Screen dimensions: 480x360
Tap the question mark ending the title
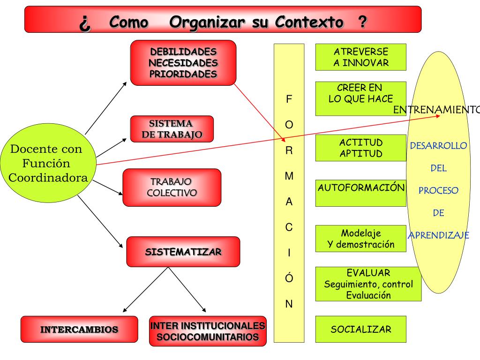point(362,22)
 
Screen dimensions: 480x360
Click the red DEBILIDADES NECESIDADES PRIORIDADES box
point(183,63)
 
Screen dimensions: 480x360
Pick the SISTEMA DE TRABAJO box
point(172,129)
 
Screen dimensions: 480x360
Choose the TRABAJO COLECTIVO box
point(172,187)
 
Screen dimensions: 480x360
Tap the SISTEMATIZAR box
point(183,252)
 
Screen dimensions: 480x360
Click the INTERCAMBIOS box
point(79,329)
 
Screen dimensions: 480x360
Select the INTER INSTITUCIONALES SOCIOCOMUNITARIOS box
point(208,331)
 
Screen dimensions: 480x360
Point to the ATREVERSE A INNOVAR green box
point(360,57)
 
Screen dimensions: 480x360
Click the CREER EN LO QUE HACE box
point(360,98)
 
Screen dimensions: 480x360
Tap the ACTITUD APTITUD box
point(360,148)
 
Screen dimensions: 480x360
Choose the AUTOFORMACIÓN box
point(360,193)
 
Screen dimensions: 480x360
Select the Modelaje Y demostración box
point(360,239)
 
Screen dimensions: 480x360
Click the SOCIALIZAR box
point(360,329)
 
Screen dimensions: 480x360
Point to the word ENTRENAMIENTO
point(436,110)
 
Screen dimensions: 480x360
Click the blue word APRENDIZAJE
point(438,235)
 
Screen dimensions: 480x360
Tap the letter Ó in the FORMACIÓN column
point(289,278)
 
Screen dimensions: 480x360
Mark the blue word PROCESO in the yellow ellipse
point(438,191)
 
